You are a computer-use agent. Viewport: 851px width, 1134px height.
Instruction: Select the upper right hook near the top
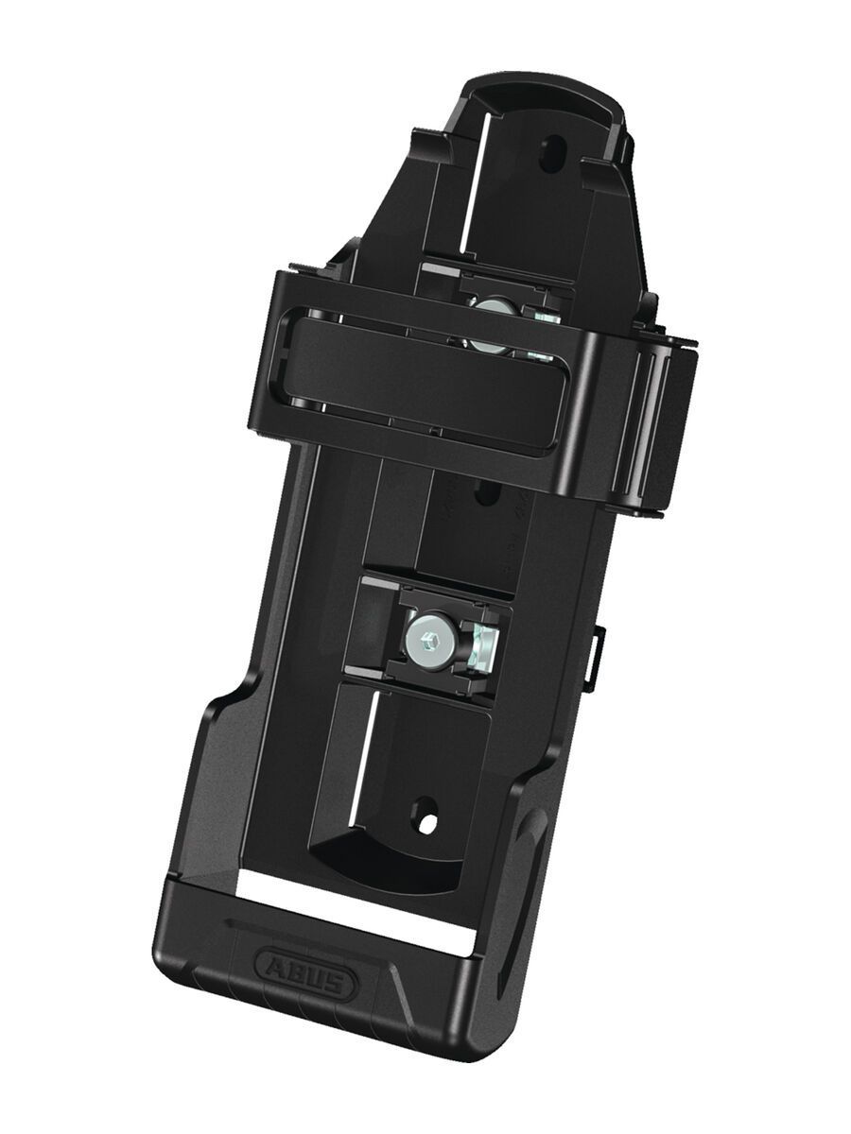(605, 170)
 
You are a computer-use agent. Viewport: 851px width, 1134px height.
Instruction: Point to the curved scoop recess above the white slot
(378, 860)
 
